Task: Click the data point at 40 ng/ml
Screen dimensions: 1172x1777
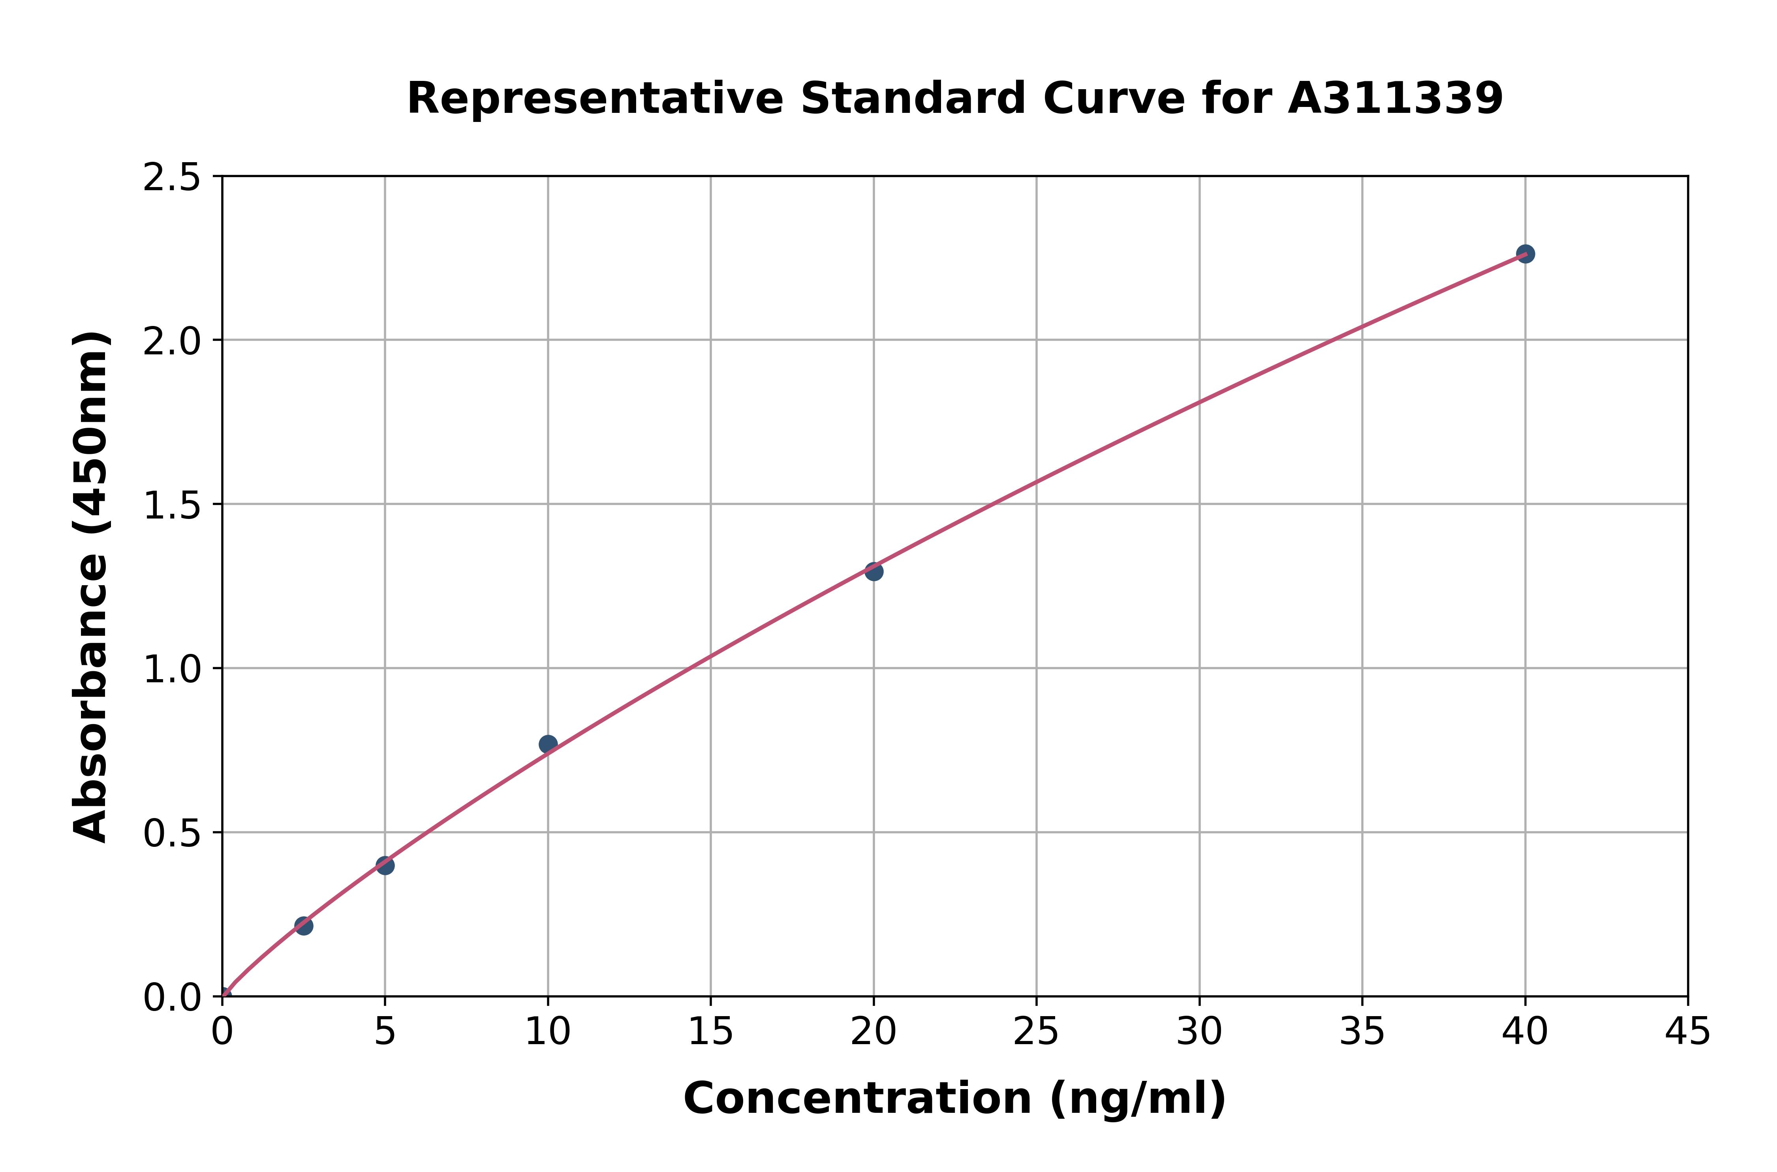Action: (x=1525, y=254)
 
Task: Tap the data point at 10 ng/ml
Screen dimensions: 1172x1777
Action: (x=548, y=744)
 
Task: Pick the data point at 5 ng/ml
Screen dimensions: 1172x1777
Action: (x=385, y=865)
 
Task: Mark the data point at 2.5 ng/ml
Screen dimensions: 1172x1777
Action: (x=304, y=925)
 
